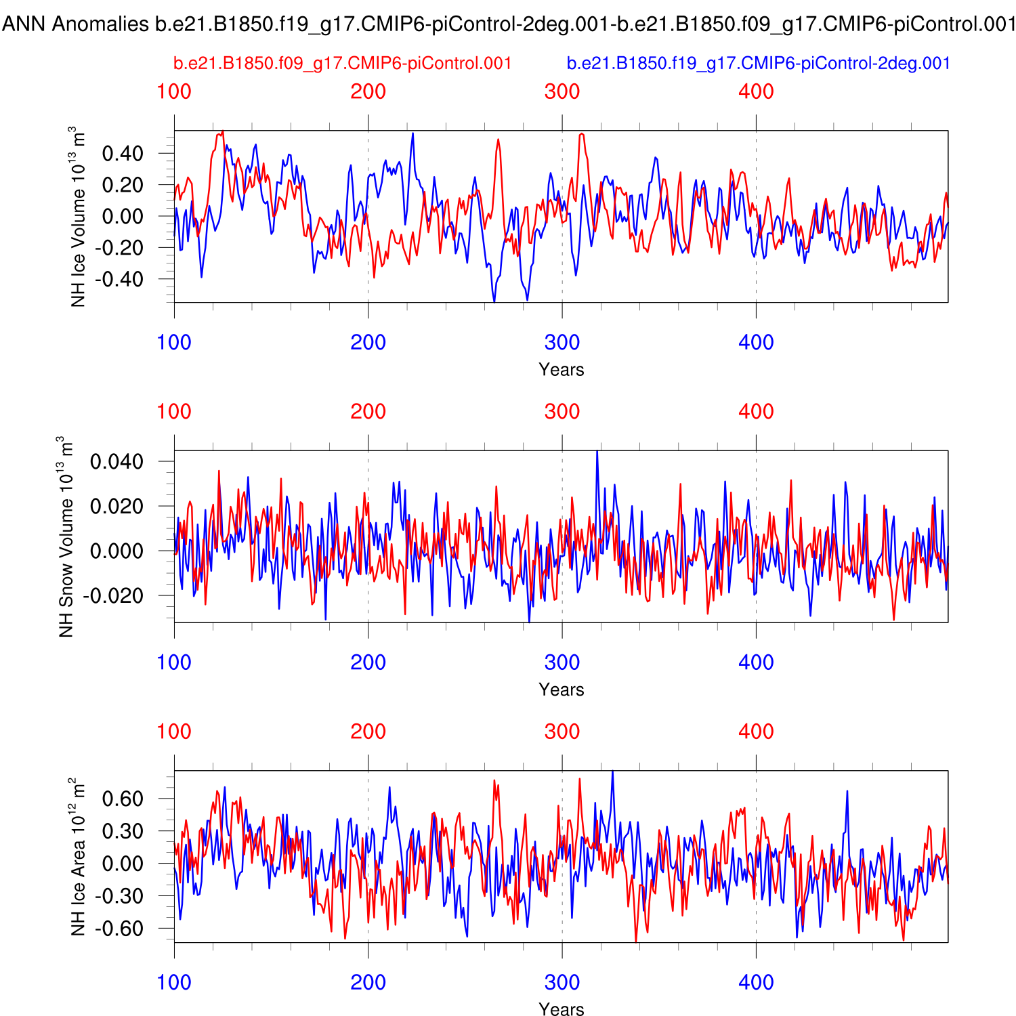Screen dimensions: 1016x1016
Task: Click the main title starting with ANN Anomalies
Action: click(x=508, y=24)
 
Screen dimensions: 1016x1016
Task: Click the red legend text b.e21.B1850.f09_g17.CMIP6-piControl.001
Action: click(x=342, y=64)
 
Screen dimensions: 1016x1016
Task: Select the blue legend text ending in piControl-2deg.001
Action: click(x=759, y=64)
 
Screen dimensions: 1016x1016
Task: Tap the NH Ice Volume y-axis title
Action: click(x=79, y=217)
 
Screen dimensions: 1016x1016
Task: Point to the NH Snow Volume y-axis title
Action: click(x=66, y=536)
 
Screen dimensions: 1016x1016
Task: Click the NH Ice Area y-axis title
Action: click(x=79, y=857)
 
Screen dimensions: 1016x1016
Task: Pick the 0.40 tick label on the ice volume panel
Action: click(x=123, y=154)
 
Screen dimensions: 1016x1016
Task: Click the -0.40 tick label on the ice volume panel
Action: click(x=119, y=279)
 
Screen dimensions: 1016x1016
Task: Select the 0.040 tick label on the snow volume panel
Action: click(x=117, y=462)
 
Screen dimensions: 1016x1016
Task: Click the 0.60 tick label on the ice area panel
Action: click(x=123, y=799)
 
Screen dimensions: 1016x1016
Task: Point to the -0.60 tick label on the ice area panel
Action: click(x=119, y=929)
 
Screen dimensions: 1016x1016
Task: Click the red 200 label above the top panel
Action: click(x=368, y=91)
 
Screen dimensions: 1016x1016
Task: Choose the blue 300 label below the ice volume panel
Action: click(x=562, y=342)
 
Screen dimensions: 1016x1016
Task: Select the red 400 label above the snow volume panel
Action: click(x=756, y=411)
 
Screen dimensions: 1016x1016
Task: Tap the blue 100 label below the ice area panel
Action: click(x=174, y=982)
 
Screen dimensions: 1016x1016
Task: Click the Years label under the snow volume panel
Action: click(x=562, y=690)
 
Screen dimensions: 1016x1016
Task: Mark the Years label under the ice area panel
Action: click(x=562, y=1009)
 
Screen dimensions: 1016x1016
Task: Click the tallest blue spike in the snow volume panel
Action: click(x=597, y=452)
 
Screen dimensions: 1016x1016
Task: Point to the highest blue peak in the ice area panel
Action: click(x=612, y=772)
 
